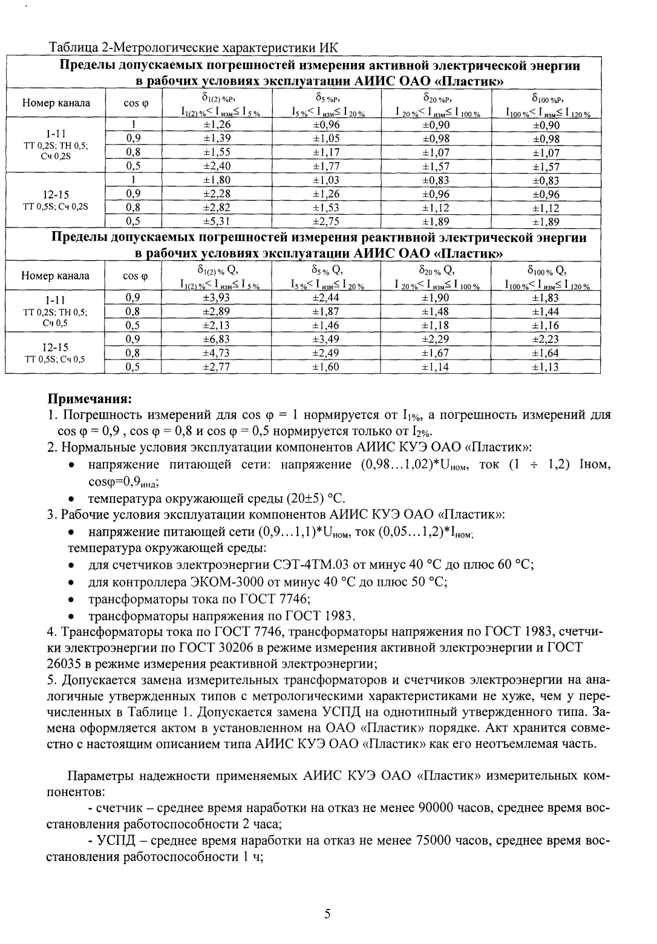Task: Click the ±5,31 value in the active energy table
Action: point(217,221)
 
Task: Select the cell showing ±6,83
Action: point(217,339)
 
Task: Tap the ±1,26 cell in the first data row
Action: point(217,125)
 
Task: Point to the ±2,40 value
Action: point(217,166)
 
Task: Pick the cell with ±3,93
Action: point(217,298)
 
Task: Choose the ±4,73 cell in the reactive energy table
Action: point(217,353)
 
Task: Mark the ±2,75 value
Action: point(326,221)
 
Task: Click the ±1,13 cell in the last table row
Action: point(546,367)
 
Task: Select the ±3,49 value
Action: point(326,339)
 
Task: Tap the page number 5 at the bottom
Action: point(327,914)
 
